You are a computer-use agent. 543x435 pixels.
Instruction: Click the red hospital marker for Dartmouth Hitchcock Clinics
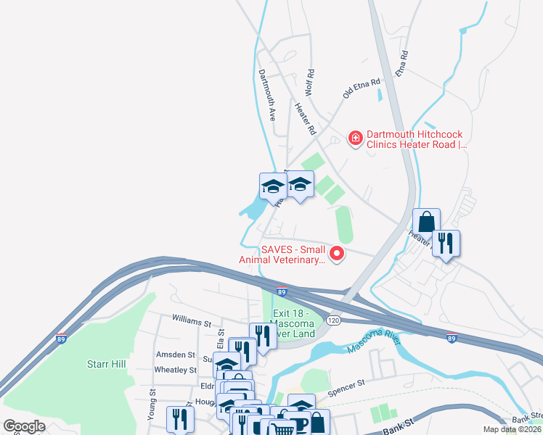click(x=355, y=137)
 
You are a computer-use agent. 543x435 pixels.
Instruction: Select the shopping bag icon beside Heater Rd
click(x=426, y=221)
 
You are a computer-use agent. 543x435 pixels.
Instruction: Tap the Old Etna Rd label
click(x=362, y=88)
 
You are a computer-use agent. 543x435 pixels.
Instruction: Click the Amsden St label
click(x=176, y=355)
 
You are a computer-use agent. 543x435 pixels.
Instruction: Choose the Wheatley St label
click(x=176, y=370)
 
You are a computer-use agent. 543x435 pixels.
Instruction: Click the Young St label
click(x=152, y=405)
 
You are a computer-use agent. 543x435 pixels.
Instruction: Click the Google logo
click(x=25, y=426)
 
